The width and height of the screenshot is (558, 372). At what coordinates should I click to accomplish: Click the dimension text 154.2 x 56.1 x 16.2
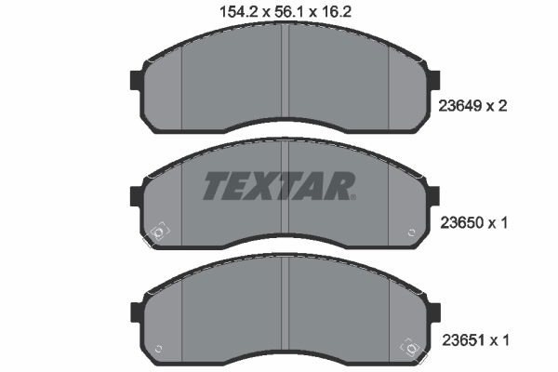286,12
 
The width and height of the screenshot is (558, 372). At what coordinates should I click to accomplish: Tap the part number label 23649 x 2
472,106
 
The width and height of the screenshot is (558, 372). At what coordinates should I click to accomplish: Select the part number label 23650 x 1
474,223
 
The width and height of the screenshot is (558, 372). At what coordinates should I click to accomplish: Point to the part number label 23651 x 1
475,340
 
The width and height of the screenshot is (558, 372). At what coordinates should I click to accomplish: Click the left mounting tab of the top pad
137,80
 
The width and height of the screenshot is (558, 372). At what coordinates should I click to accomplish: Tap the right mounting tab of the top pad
433,80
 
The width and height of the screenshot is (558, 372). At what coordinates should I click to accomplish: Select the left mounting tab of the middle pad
137,196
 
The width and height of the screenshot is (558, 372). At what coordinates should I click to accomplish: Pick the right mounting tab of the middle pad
433,196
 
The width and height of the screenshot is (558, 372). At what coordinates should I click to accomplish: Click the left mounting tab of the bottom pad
137,312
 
